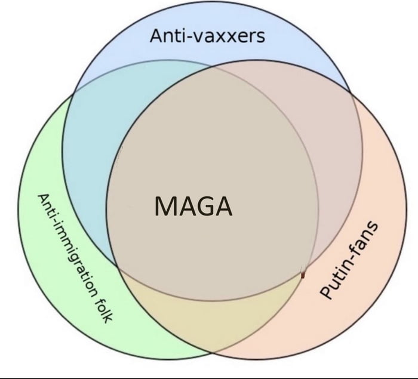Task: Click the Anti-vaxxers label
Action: pos(207,37)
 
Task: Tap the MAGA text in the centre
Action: pos(192,207)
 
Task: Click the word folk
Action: pos(103,307)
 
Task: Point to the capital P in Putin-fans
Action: pos(327,292)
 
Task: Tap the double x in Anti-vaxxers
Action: pos(225,38)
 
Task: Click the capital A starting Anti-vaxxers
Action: pos(156,37)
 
